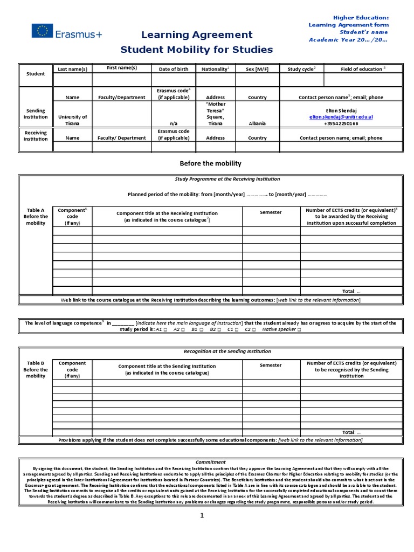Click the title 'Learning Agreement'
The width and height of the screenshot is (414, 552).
click(x=196, y=35)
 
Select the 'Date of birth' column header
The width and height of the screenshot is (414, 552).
click(x=174, y=69)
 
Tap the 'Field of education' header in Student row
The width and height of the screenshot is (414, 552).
click(x=363, y=69)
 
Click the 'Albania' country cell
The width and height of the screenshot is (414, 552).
click(x=257, y=123)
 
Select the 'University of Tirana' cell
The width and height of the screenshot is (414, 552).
click(x=72, y=120)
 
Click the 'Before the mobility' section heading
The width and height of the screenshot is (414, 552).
click(x=210, y=163)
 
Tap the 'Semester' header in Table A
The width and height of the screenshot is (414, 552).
click(x=271, y=212)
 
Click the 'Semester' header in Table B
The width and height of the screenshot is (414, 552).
click(x=271, y=365)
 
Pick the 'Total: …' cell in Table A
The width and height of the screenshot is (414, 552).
click(x=351, y=291)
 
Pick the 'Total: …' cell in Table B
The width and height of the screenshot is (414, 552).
click(x=351, y=432)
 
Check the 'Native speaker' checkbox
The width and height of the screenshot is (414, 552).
click(x=299, y=329)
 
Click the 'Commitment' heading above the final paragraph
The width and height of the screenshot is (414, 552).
click(x=211, y=462)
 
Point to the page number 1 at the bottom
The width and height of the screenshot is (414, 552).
click(x=202, y=516)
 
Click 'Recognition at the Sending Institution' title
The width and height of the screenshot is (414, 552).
click(x=227, y=351)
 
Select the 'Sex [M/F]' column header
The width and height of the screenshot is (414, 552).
click(x=257, y=69)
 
